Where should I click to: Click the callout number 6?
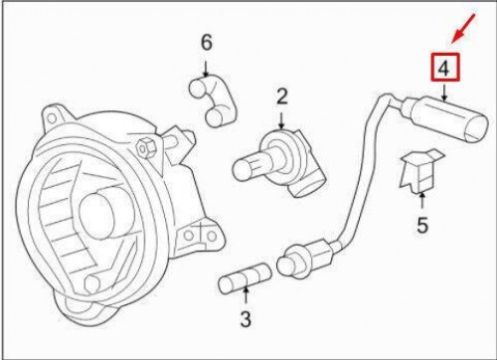tap(206, 43)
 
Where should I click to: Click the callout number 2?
tap(281, 96)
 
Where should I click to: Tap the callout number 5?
tap(421, 226)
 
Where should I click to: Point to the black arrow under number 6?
tap(206, 69)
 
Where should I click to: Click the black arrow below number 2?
tap(281, 122)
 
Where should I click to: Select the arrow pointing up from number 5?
tap(421, 198)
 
